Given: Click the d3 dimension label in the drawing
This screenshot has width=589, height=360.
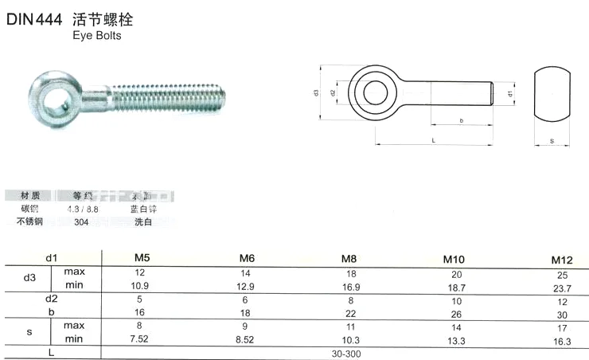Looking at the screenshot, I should (317, 94).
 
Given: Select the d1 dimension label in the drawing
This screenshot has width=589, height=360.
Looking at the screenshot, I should (509, 94).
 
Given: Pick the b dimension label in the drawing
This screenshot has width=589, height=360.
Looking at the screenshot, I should (462, 119).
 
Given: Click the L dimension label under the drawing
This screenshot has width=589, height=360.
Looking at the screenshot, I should (433, 140).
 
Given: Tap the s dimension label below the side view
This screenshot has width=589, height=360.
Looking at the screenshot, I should (552, 141).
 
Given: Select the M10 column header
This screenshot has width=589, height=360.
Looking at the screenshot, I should (453, 260).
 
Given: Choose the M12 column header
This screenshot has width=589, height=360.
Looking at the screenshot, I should (561, 260).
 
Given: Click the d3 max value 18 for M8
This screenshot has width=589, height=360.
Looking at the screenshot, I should (347, 272).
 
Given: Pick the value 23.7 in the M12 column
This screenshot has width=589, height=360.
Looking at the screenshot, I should (562, 288).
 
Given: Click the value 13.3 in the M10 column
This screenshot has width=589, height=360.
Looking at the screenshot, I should (453, 341).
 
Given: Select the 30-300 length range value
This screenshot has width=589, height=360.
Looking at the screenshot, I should (347, 351).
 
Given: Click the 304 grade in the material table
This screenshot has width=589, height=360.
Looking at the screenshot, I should (81, 221).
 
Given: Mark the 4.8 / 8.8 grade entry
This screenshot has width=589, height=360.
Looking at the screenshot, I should (83, 209).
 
